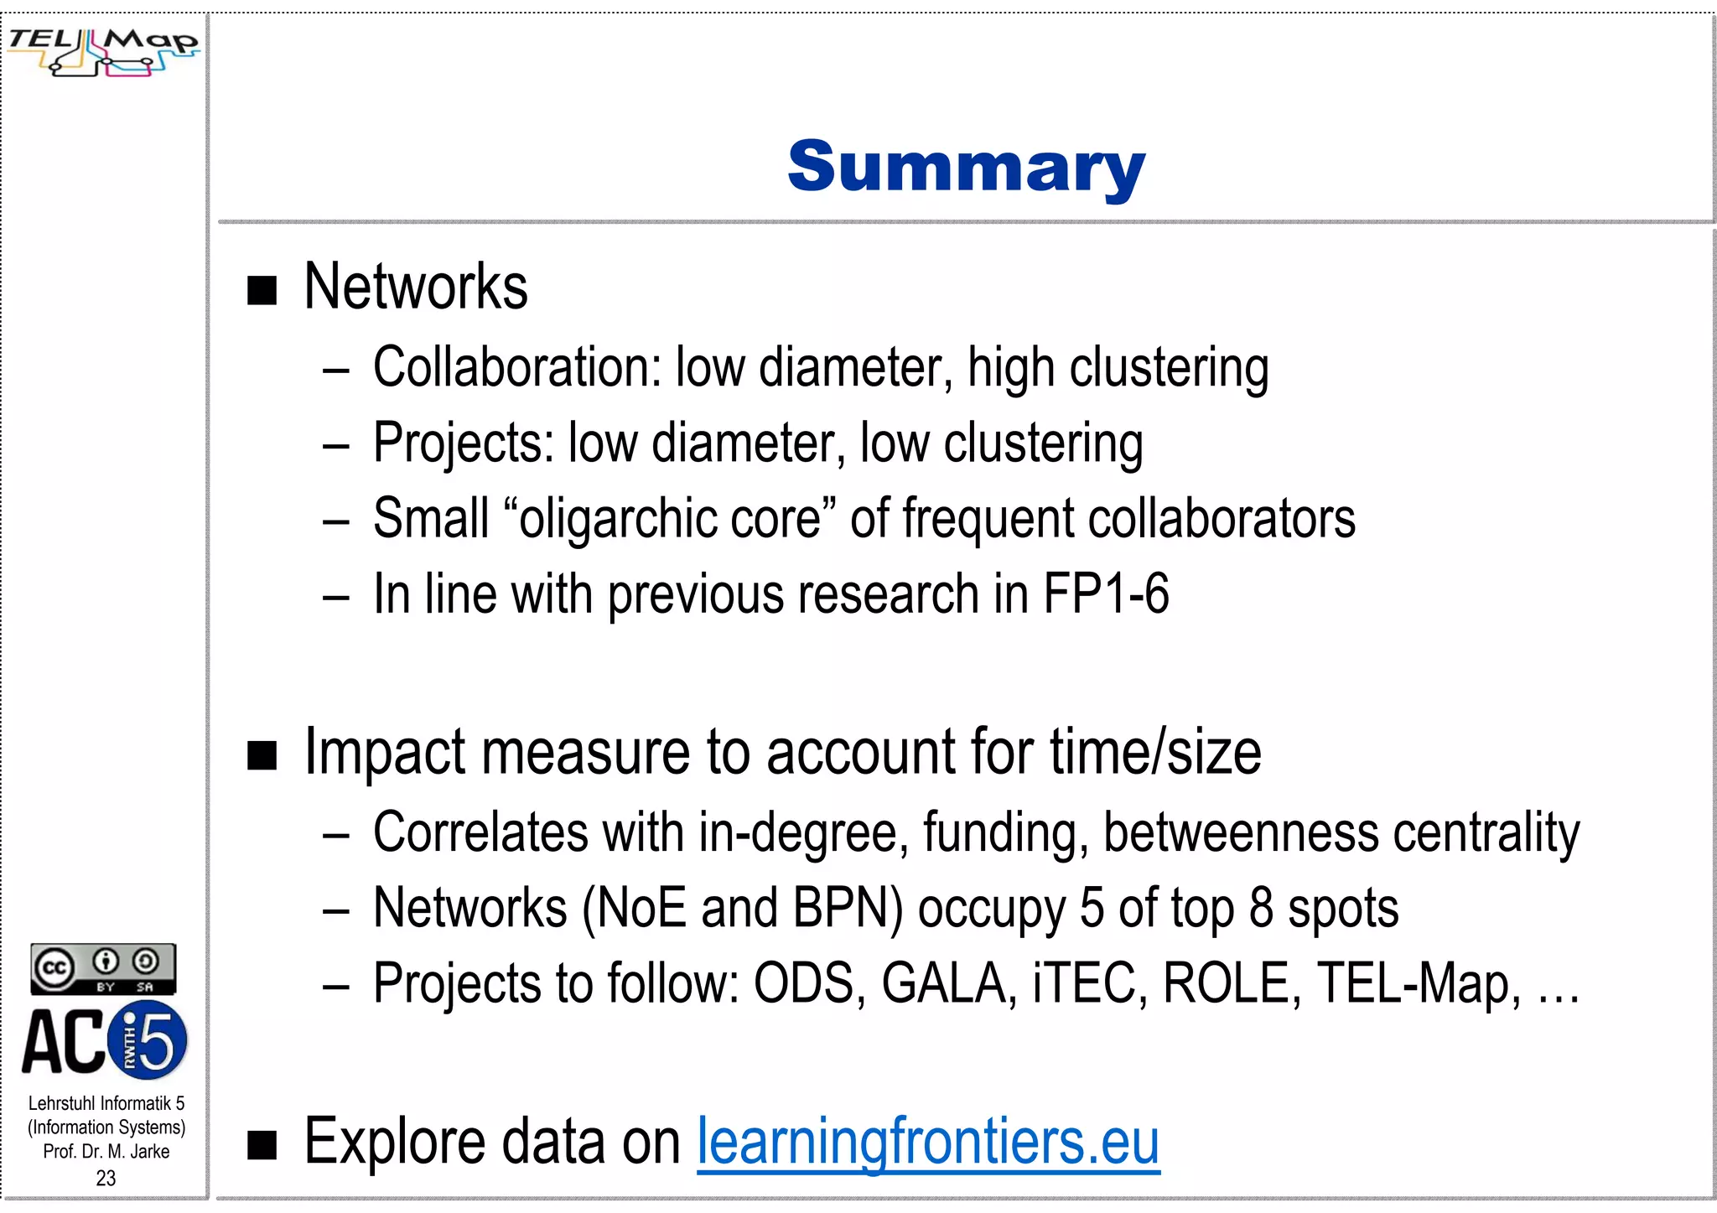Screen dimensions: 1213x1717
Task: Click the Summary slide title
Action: point(966,167)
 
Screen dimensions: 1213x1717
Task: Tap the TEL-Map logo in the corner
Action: point(103,51)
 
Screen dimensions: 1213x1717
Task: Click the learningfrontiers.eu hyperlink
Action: point(928,1142)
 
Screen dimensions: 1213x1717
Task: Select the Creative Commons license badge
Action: point(103,968)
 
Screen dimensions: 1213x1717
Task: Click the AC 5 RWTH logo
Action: point(104,1042)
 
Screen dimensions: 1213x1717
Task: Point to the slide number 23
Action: point(106,1178)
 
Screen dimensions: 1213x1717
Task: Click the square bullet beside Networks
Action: point(262,291)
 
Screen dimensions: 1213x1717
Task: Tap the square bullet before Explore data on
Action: point(262,1145)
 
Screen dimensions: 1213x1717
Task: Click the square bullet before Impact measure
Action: point(262,755)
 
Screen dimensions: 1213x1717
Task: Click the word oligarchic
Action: point(617,519)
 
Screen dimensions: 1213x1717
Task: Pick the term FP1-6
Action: point(1105,594)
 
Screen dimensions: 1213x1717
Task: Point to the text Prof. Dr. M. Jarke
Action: point(106,1152)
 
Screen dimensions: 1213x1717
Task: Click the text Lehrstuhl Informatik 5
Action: point(106,1103)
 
